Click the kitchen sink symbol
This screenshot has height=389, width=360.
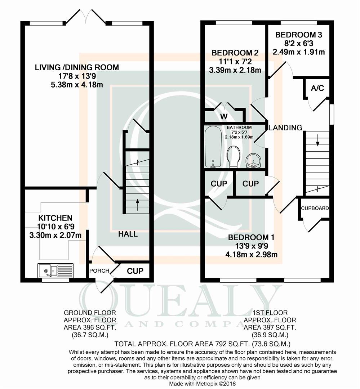click(x=55, y=270)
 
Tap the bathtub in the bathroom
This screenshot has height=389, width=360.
click(x=213, y=147)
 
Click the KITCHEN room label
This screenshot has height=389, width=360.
click(x=55, y=218)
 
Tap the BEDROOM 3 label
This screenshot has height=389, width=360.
click(x=299, y=35)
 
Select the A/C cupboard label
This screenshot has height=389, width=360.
click(x=317, y=88)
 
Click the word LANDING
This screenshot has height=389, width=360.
click(x=285, y=128)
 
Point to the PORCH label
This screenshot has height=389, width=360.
click(x=99, y=270)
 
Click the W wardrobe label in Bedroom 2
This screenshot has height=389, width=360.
click(x=224, y=116)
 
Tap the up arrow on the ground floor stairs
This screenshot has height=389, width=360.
click(x=138, y=205)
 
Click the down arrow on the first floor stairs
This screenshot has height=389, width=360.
click(x=317, y=141)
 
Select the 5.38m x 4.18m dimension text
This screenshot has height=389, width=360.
click(x=77, y=85)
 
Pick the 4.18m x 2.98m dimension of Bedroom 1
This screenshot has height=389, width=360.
click(x=252, y=255)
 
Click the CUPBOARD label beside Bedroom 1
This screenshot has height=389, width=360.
click(x=315, y=208)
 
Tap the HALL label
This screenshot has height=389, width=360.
click(x=128, y=234)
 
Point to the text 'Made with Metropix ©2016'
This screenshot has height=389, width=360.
click(x=203, y=384)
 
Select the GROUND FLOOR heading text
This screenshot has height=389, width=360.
click(x=90, y=313)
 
